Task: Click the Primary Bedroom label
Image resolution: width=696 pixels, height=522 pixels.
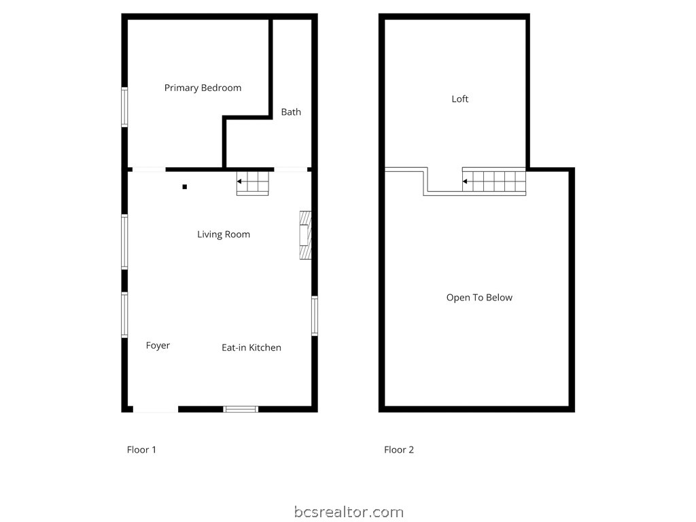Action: pyautogui.click(x=203, y=88)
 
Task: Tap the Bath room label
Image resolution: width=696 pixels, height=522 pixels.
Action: pyautogui.click(x=291, y=112)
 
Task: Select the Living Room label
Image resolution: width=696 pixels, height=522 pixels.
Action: pyautogui.click(x=224, y=234)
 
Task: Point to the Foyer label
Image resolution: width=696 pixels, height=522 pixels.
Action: pyautogui.click(x=158, y=345)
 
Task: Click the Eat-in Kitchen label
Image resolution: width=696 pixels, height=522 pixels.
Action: pyautogui.click(x=251, y=347)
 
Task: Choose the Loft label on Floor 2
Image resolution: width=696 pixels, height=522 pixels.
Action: pyautogui.click(x=460, y=99)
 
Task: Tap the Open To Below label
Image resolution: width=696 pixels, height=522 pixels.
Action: pyautogui.click(x=479, y=298)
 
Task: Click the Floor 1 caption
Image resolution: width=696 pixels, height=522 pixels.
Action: pyautogui.click(x=141, y=449)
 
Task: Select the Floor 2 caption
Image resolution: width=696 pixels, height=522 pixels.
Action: pyautogui.click(x=399, y=449)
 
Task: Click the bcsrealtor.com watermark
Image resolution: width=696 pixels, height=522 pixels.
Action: pyautogui.click(x=349, y=512)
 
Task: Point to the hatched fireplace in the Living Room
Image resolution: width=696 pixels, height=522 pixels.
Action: pyautogui.click(x=305, y=235)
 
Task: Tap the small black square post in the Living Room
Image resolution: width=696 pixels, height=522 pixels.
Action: pyautogui.click(x=184, y=187)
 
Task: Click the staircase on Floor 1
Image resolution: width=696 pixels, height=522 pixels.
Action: pyautogui.click(x=254, y=183)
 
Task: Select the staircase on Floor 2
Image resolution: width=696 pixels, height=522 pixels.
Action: pyautogui.click(x=495, y=181)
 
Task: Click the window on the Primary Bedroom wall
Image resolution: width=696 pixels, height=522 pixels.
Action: pyautogui.click(x=124, y=107)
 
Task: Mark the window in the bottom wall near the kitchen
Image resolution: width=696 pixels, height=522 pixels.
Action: pyautogui.click(x=241, y=408)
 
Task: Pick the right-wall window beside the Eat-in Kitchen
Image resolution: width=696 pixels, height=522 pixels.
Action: pyautogui.click(x=315, y=315)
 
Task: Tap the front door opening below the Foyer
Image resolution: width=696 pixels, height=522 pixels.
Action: pyautogui.click(x=155, y=408)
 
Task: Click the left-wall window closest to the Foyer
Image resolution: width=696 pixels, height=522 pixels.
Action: pyautogui.click(x=124, y=314)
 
